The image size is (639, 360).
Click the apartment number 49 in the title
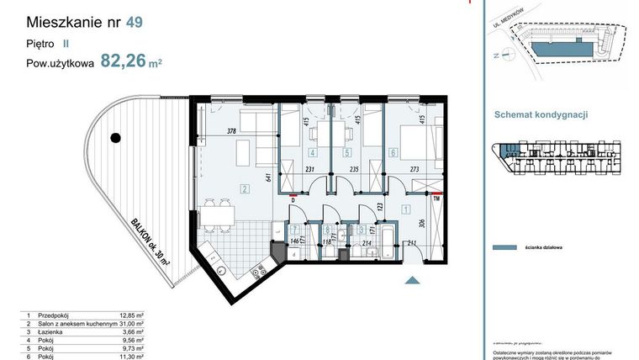[133, 24]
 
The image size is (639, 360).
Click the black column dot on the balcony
[117, 137]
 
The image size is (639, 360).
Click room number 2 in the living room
[244, 188]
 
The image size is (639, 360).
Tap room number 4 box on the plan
[312, 153]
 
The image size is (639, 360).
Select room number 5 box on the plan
[347, 153]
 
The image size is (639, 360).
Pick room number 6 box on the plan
[394, 153]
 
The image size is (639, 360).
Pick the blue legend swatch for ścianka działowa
[504, 248]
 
